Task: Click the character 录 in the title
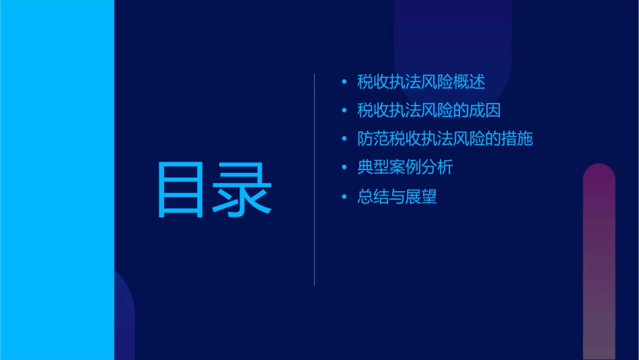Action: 243,189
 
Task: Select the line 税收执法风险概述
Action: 421,82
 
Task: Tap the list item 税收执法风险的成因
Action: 429,110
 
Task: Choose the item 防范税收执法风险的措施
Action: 445,139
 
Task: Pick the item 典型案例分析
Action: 405,168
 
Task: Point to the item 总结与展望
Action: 397,197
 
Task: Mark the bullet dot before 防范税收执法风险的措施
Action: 345,140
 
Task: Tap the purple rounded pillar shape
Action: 599,262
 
